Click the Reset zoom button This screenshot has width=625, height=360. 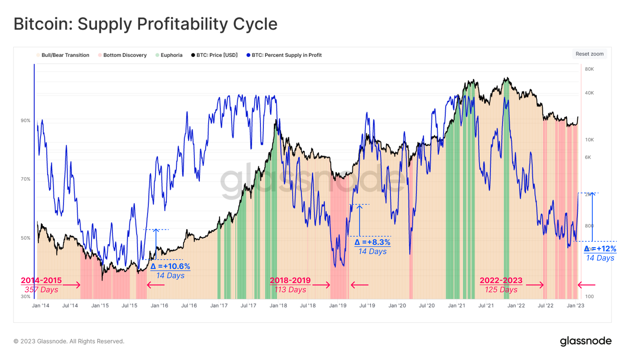589,54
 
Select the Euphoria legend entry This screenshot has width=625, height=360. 169,55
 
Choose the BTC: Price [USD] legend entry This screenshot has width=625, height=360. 214,55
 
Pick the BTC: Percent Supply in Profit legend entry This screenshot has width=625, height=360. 284,55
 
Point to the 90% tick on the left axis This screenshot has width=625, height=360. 26,121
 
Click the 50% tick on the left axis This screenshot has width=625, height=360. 26,238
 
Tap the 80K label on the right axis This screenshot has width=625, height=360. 589,69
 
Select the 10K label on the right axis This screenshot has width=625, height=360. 589,140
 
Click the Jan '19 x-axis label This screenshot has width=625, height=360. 338,306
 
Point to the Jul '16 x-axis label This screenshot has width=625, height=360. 189,306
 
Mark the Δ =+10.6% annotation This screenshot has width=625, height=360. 170,267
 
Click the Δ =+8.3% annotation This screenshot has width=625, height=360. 372,242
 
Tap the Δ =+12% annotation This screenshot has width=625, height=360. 600,249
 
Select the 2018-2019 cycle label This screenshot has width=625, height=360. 290,280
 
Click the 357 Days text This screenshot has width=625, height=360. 42,290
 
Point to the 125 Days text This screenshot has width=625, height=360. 501,290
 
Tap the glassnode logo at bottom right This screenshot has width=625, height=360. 586,341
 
